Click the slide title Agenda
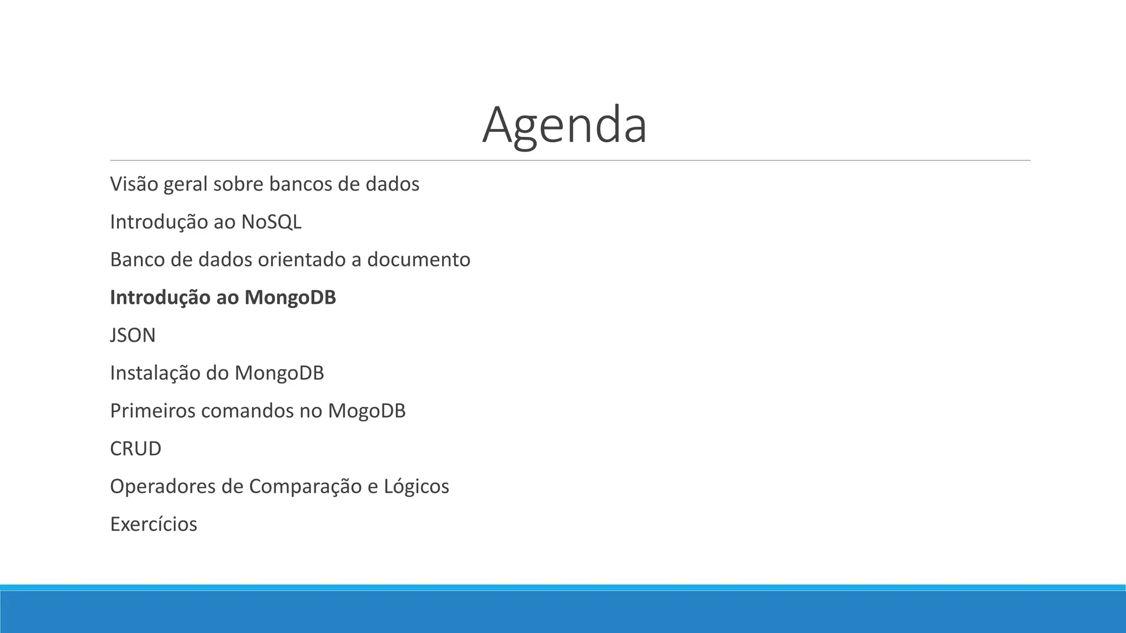[565, 125]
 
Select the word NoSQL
[271, 222]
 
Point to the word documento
[418, 260]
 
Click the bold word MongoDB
[290, 297]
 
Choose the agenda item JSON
[133, 335]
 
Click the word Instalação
[155, 373]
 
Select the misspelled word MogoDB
[367, 411]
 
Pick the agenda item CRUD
[136, 449]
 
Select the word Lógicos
[416, 487]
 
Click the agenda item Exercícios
[153, 524]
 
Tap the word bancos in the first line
[300, 184]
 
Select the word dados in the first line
[392, 184]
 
